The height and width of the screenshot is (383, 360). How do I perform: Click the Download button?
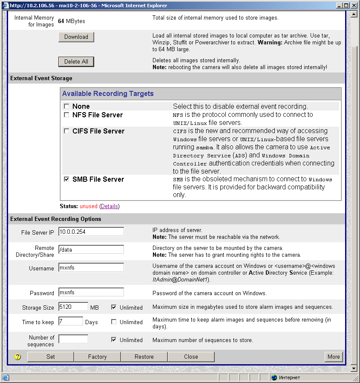pyautogui.click(x=76, y=37)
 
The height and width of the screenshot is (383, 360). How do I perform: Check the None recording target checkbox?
pyautogui.click(x=66, y=106)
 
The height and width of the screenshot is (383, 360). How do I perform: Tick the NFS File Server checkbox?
pyautogui.click(x=66, y=115)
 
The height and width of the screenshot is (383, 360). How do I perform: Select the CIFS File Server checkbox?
pyautogui.click(x=66, y=131)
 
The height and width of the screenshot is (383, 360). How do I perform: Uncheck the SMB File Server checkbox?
pyautogui.click(x=66, y=180)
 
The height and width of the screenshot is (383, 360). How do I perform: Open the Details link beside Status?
pyautogui.click(x=109, y=206)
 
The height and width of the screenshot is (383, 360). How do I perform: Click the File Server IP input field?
pyautogui.click(x=91, y=232)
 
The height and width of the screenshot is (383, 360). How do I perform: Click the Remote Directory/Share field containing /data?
pyautogui.click(x=91, y=250)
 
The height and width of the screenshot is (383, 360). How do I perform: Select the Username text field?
pyautogui.click(x=91, y=267)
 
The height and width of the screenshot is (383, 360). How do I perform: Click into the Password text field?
pyautogui.click(x=91, y=292)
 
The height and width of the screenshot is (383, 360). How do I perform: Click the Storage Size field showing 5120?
pyautogui.click(x=73, y=307)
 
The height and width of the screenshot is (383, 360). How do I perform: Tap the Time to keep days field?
pyautogui.click(x=71, y=321)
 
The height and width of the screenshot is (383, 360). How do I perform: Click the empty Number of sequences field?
pyautogui.click(x=73, y=339)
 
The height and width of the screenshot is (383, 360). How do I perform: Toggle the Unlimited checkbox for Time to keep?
pyautogui.click(x=114, y=322)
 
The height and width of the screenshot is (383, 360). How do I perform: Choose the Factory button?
pyautogui.click(x=98, y=357)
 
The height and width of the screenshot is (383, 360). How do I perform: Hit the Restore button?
pyautogui.click(x=144, y=357)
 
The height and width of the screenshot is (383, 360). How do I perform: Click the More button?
pyautogui.click(x=334, y=357)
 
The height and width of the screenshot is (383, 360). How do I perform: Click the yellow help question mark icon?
pyautogui.click(x=17, y=357)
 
